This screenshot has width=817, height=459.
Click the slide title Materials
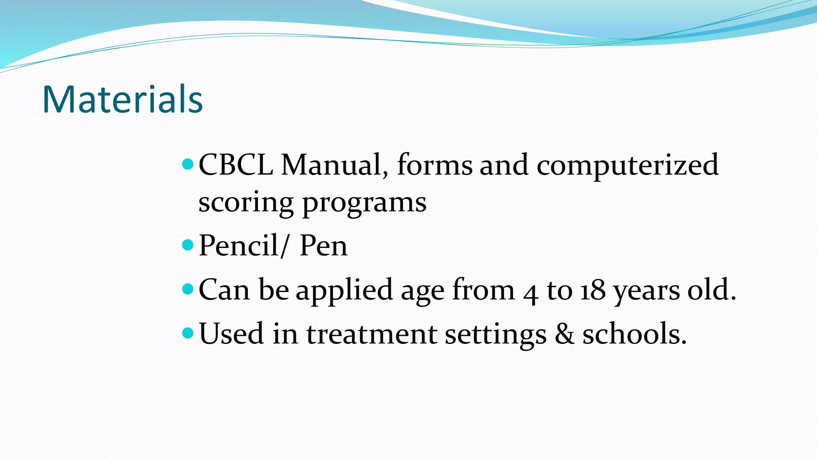[122, 99]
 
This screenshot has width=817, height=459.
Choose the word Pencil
[239, 245]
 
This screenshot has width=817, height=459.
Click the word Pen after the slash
[323, 245]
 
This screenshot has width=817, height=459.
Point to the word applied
[345, 291]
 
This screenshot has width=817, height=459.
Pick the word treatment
[371, 334]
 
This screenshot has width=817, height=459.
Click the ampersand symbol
[564, 334]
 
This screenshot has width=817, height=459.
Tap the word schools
[634, 334]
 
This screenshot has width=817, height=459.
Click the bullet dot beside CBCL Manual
[187, 163]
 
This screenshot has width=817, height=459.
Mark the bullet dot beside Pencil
[187, 244]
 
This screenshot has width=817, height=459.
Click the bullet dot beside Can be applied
[187, 288]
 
